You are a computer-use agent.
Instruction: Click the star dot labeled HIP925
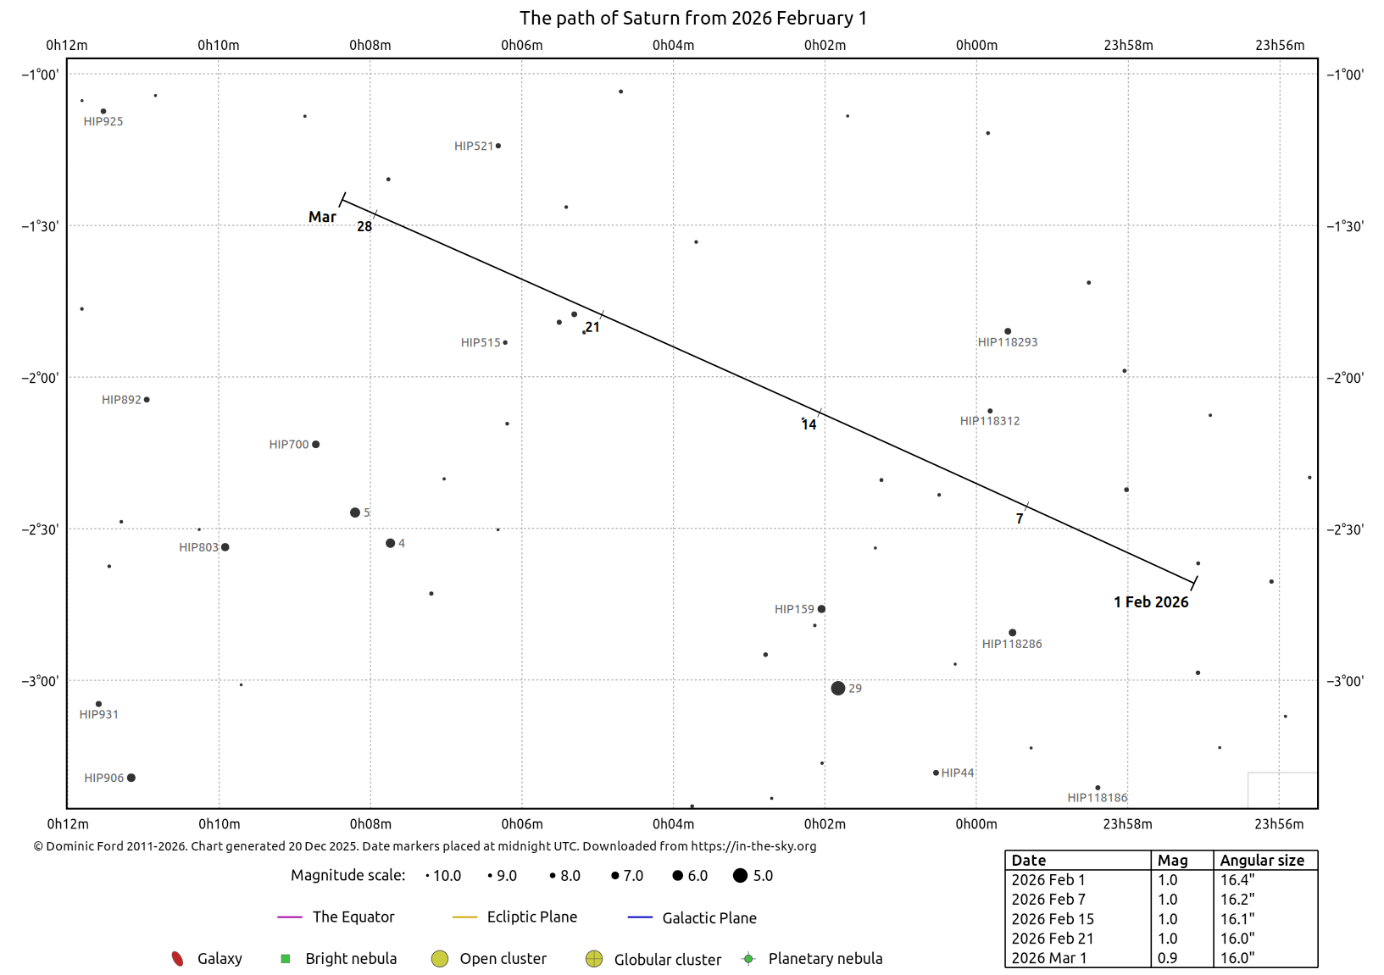pos(103,112)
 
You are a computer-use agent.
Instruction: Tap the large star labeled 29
pos(838,689)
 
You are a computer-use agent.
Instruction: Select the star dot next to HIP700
pos(316,445)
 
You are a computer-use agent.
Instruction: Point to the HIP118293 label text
pos(1008,342)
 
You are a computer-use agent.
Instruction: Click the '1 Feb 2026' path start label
pos(1151,602)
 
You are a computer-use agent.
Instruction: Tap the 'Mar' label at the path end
pos(323,217)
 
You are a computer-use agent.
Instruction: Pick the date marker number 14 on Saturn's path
pos(809,425)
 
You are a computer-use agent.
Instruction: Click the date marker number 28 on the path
pos(364,227)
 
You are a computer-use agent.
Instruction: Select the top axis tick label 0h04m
pos(674,45)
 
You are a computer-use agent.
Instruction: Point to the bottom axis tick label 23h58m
pos(1128,824)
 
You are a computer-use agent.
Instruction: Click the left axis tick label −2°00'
pos(40,378)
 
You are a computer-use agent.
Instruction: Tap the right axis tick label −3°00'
pos(1345,681)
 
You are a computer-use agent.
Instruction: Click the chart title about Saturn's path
pos(692,18)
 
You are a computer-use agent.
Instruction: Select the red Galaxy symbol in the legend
pos(177,959)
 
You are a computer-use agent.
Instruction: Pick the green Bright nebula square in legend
pos(286,959)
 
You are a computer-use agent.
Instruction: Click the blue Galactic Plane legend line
pos(640,917)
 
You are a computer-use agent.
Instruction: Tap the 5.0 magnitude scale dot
pos(740,876)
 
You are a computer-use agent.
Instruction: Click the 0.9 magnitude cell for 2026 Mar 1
pos(1167,958)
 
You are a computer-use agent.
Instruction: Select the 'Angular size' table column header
pos(1262,861)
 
